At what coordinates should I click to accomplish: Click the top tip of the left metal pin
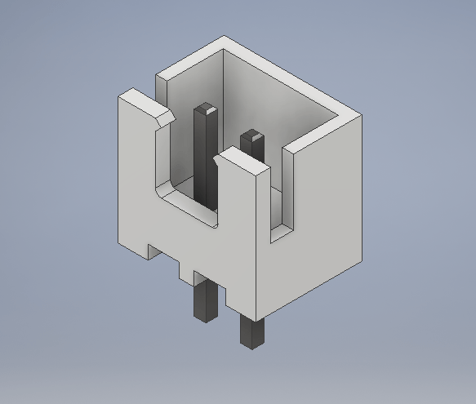click(206, 108)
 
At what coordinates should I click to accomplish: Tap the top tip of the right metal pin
click(254, 134)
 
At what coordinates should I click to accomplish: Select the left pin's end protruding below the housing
click(202, 301)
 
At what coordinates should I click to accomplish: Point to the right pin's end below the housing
click(251, 331)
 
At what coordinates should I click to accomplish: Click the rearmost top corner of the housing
click(225, 37)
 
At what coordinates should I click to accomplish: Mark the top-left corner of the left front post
click(120, 96)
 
